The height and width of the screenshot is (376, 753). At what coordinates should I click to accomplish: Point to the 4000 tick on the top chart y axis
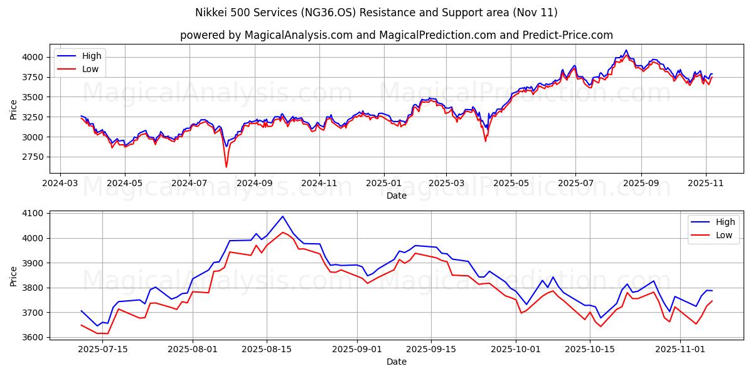[x=35, y=57]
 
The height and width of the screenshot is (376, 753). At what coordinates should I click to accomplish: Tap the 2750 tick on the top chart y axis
[x=35, y=157]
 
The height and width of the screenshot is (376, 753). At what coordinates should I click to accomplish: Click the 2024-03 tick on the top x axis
[x=60, y=184]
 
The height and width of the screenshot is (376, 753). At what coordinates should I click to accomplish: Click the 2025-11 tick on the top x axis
[x=706, y=184]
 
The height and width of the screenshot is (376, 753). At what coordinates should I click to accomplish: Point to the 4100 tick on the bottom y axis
[x=35, y=214]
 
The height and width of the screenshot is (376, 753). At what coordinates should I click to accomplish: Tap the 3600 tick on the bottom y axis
[x=35, y=337]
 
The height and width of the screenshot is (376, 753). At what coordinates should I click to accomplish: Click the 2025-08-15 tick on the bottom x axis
[x=267, y=350]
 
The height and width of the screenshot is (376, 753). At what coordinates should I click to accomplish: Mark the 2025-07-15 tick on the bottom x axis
[x=102, y=350]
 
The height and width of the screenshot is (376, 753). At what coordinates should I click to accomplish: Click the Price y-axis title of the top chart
[x=14, y=109]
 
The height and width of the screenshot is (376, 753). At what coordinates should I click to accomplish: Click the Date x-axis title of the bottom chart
[x=396, y=362]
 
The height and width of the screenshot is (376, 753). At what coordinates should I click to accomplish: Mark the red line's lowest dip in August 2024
[x=226, y=167]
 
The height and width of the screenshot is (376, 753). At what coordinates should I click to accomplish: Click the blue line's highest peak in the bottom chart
[x=282, y=216]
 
